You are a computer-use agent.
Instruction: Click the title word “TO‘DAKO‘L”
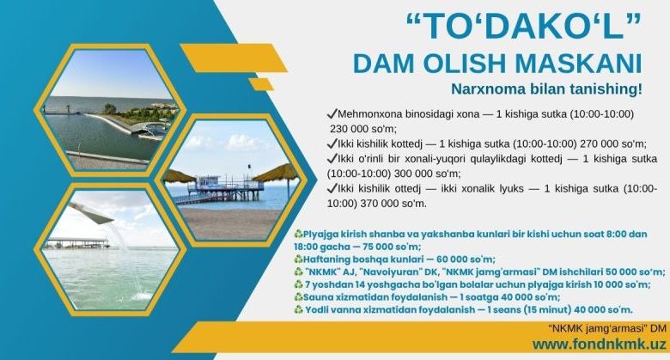(524, 27)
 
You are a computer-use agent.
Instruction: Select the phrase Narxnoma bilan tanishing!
(547, 89)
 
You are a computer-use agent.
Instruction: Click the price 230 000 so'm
(363, 129)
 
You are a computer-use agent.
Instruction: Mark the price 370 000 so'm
(393, 204)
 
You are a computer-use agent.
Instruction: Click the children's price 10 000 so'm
(622, 284)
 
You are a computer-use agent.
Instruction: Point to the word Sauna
(317, 297)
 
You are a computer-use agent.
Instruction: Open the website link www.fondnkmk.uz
(599, 345)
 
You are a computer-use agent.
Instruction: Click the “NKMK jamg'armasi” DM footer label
(606, 328)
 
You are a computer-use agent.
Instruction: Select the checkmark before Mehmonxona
(332, 113)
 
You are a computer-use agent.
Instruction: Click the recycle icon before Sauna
(298, 297)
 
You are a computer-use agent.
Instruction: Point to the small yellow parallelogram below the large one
(261, 84)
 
